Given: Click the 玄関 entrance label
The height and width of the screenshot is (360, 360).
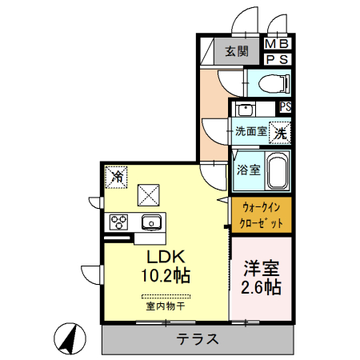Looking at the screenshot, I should [x=235, y=52].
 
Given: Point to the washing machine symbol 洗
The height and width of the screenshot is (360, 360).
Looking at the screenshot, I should [x=279, y=133].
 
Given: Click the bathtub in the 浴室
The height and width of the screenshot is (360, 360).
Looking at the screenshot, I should [x=277, y=171].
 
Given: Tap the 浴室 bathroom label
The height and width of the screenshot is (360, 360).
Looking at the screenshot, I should [x=248, y=170].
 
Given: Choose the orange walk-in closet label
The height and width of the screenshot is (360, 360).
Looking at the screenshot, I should [x=262, y=216].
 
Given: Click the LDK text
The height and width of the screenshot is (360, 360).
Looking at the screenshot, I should [x=166, y=258].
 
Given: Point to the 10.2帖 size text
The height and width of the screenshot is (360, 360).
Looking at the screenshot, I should [x=166, y=276].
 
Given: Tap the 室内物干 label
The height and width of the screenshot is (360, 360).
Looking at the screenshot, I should [x=166, y=306].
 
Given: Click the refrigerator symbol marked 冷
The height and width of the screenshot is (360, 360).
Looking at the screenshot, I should [x=117, y=174].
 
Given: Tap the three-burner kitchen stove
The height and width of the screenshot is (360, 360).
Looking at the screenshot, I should [x=118, y=222].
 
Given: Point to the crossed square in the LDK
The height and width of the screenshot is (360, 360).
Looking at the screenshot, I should [x=149, y=194].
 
